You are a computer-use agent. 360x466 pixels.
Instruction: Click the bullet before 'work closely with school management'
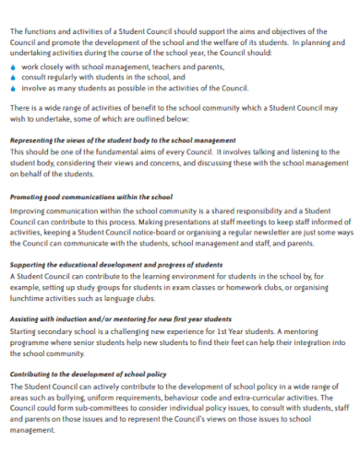[x=12, y=67]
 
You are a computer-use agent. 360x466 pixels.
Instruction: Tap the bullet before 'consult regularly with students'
[x=12, y=78]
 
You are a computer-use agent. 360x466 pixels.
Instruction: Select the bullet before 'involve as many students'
[x=12, y=89]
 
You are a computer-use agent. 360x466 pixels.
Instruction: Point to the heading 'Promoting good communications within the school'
[x=90, y=197]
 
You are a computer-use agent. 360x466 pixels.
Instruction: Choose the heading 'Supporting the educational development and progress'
[x=115, y=264]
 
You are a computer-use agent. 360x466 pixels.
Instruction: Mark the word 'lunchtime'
[x=30, y=297]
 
